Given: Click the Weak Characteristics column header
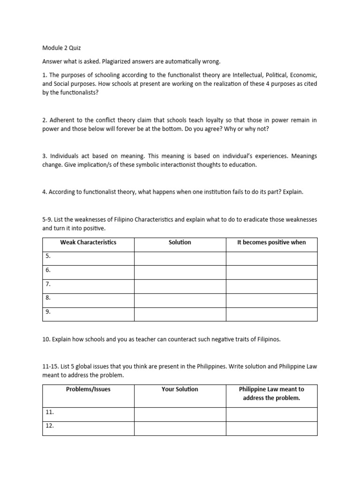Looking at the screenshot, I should click(x=88, y=242).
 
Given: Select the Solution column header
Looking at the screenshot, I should click(x=180, y=242).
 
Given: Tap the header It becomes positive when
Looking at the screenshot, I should click(x=271, y=242).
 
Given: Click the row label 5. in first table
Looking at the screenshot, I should click(x=48, y=256).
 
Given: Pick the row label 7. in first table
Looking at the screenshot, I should click(x=48, y=284).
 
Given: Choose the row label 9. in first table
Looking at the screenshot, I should click(x=48, y=311).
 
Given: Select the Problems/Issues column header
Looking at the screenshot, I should click(x=88, y=390).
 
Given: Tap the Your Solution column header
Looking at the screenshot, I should click(x=180, y=390).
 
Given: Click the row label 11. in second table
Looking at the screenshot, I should click(x=50, y=412).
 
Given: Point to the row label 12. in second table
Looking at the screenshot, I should click(x=50, y=426).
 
